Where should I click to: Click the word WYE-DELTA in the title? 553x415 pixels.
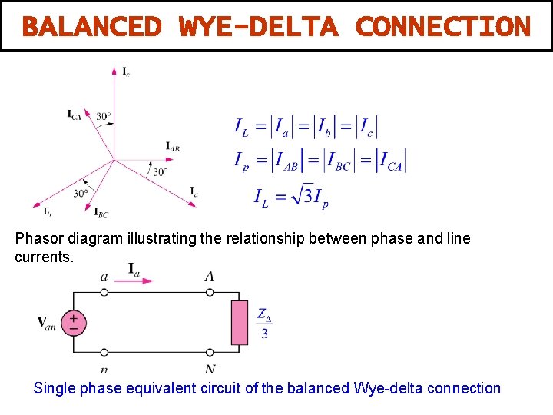(258, 27)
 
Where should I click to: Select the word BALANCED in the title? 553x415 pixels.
(91, 27)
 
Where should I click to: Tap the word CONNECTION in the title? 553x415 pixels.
(443, 27)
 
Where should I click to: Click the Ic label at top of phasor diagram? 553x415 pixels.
(126, 71)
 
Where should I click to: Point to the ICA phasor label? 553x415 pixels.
(75, 115)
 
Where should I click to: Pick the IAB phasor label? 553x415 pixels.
(173, 146)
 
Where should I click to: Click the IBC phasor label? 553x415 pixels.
(101, 213)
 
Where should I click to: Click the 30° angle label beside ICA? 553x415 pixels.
(104, 117)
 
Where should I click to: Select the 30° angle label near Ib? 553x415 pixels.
(81, 194)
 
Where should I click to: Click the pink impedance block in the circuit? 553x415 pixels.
(240, 323)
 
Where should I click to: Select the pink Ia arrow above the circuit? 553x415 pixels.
(137, 281)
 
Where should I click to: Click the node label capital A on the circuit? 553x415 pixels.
(210, 275)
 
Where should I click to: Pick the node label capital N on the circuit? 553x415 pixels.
(210, 370)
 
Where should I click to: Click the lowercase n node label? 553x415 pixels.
(104, 370)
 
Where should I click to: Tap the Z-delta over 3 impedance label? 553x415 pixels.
(265, 324)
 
